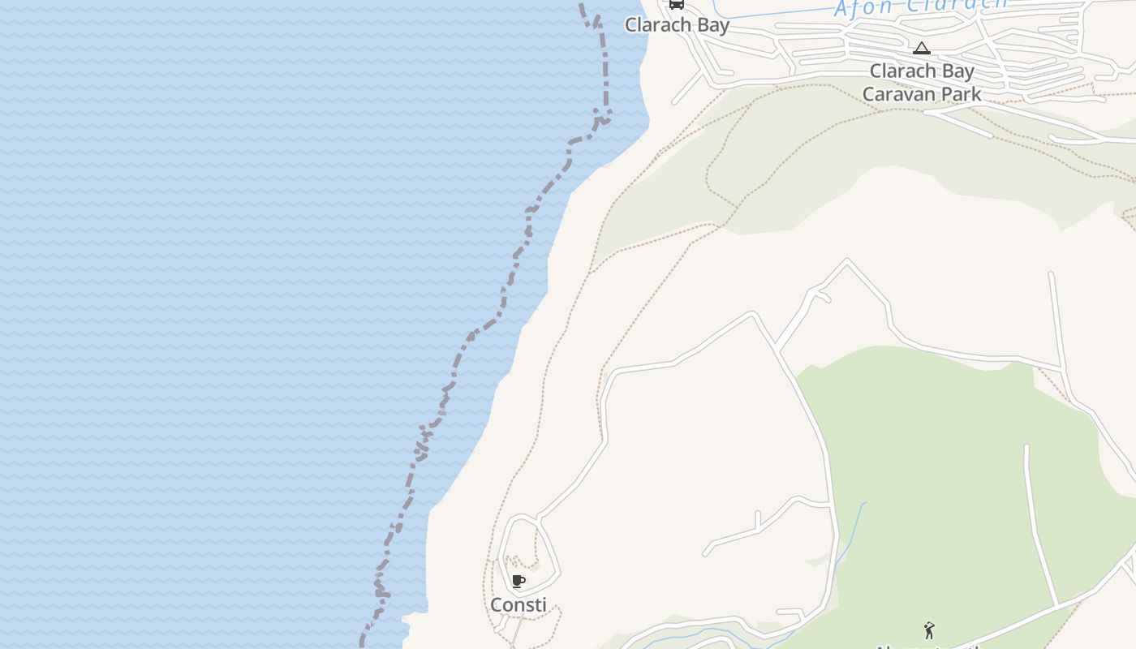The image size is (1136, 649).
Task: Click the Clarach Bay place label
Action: point(677,25)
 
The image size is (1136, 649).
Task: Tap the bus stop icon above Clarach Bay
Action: point(676,4)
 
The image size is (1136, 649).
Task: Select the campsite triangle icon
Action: point(921,49)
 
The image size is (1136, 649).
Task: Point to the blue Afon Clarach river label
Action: point(920,6)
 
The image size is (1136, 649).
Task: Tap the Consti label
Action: point(518,604)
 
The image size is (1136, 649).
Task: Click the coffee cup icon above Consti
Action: point(519,581)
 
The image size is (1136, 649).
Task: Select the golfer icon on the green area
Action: point(929,630)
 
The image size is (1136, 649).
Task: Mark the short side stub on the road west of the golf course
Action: point(757,519)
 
